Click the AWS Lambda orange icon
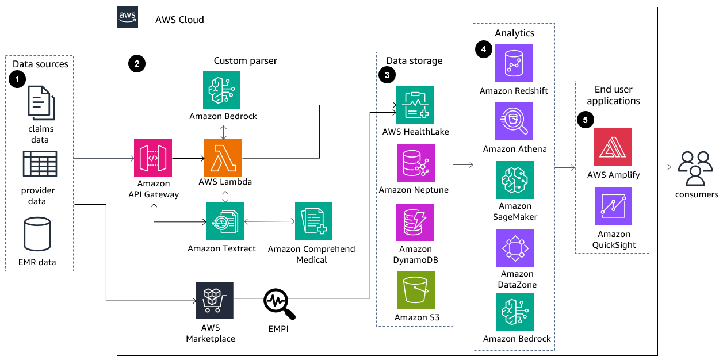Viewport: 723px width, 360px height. tap(223, 158)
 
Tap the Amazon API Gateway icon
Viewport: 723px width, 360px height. tap(153, 158)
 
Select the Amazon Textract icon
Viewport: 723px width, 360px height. tap(225, 221)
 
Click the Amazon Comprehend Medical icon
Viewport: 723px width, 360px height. tap(313, 221)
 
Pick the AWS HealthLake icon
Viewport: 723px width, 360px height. tap(415, 105)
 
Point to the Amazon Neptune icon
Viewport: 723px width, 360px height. tap(415, 163)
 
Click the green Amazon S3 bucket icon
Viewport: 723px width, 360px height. tap(415, 290)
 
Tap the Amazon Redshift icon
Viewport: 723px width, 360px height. tap(514, 63)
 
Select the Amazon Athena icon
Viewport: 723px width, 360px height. tap(515, 121)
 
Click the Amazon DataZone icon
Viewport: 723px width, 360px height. tap(515, 248)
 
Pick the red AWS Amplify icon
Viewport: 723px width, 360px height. tap(613, 147)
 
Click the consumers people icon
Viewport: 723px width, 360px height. tap(695, 168)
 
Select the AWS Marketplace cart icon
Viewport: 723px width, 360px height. tap(215, 300)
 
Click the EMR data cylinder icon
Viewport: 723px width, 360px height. tap(37, 235)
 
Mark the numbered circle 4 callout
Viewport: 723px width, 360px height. tap(483, 50)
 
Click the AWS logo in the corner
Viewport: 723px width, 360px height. tap(128, 18)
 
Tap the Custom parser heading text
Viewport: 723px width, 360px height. tap(245, 61)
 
